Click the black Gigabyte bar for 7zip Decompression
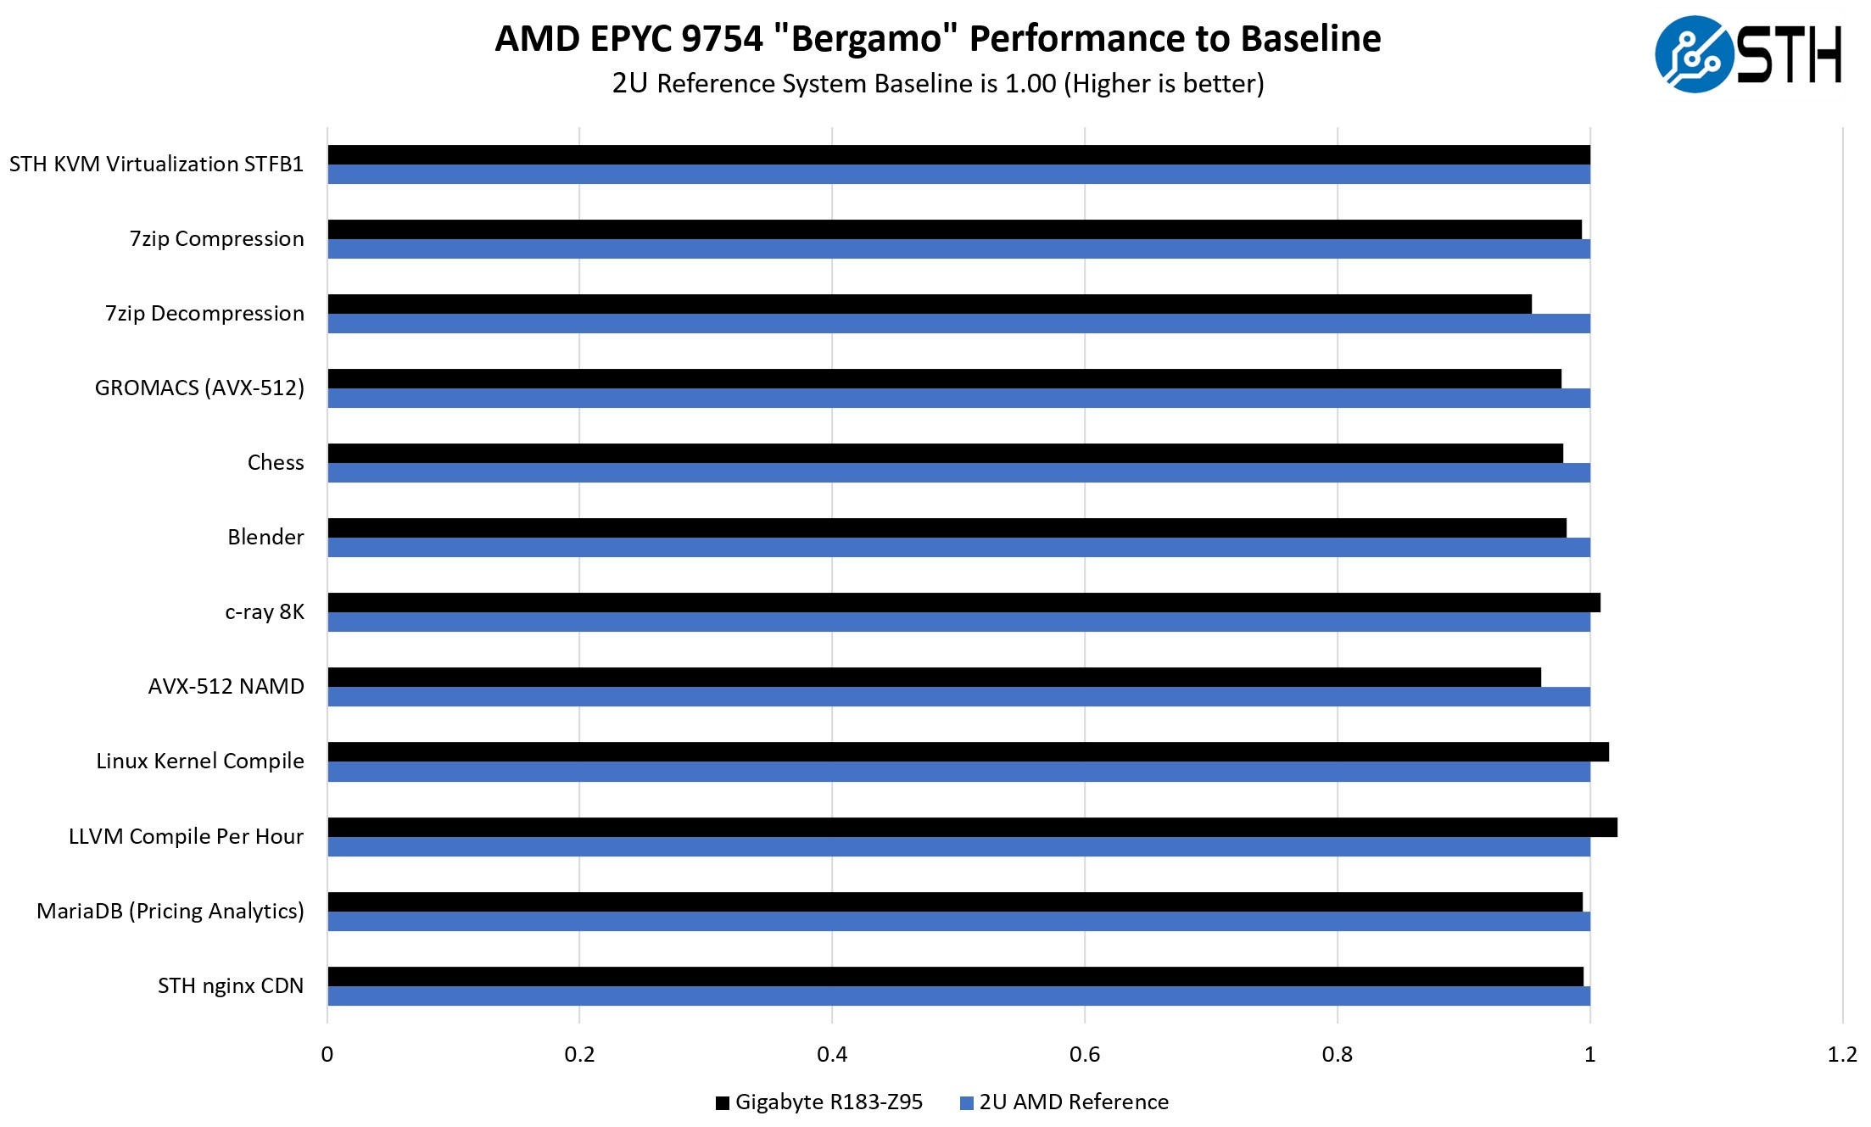coord(929,304)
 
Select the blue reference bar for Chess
coord(958,473)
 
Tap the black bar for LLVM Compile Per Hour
coord(972,827)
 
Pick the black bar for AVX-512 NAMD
coord(934,678)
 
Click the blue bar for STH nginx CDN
coord(958,996)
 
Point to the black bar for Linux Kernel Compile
coord(968,752)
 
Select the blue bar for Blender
coord(958,548)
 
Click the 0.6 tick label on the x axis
coord(1084,1055)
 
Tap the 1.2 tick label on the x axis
coord(1841,1055)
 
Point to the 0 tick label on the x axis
coord(327,1055)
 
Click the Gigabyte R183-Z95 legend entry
coord(819,1102)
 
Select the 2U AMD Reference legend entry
coord(1064,1102)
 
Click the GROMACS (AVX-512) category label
coord(199,388)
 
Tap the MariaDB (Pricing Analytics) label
coord(170,912)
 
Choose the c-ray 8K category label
coord(265,612)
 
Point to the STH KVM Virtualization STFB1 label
coord(157,165)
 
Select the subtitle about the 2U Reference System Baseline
coord(938,84)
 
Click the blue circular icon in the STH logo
coord(1694,54)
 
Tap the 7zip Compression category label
coord(217,239)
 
